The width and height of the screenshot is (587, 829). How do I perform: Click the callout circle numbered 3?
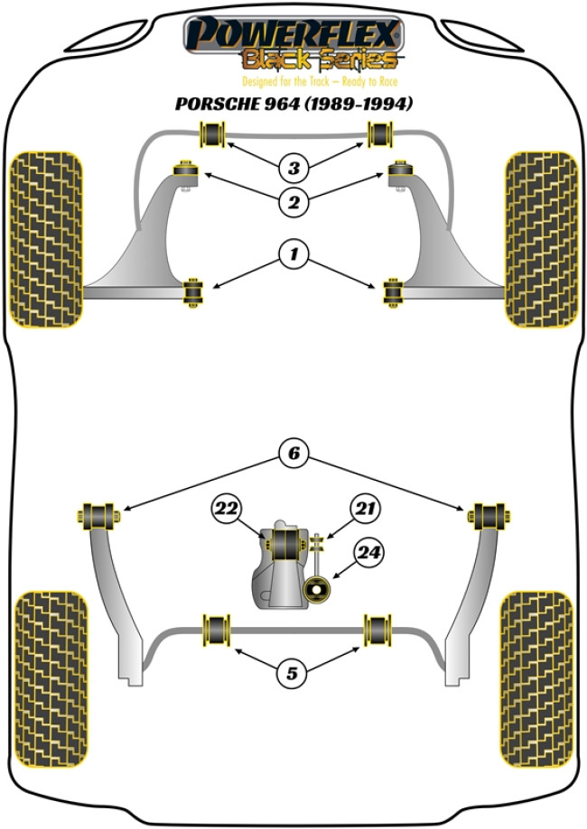293,167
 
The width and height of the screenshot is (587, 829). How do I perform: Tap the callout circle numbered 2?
293,203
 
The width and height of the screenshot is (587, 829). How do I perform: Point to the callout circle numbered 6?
293,455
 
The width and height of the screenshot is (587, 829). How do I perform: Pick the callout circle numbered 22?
226,510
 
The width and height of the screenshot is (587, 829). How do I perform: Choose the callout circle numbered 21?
364,510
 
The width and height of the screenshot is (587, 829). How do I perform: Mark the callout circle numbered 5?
293,671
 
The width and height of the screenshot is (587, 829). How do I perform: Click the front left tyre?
47,239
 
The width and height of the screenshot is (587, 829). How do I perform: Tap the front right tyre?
540,239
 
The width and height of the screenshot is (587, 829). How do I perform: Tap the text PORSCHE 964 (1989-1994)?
293,105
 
